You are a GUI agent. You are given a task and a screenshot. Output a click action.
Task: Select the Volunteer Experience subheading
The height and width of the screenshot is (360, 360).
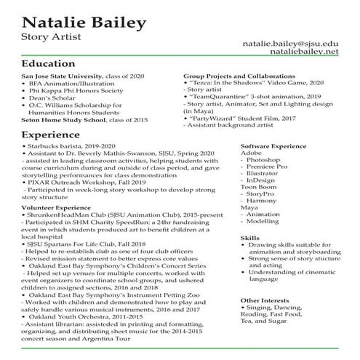(x=54, y=209)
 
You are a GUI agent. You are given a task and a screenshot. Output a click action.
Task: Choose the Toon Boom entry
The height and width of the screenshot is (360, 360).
(x=256, y=187)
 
